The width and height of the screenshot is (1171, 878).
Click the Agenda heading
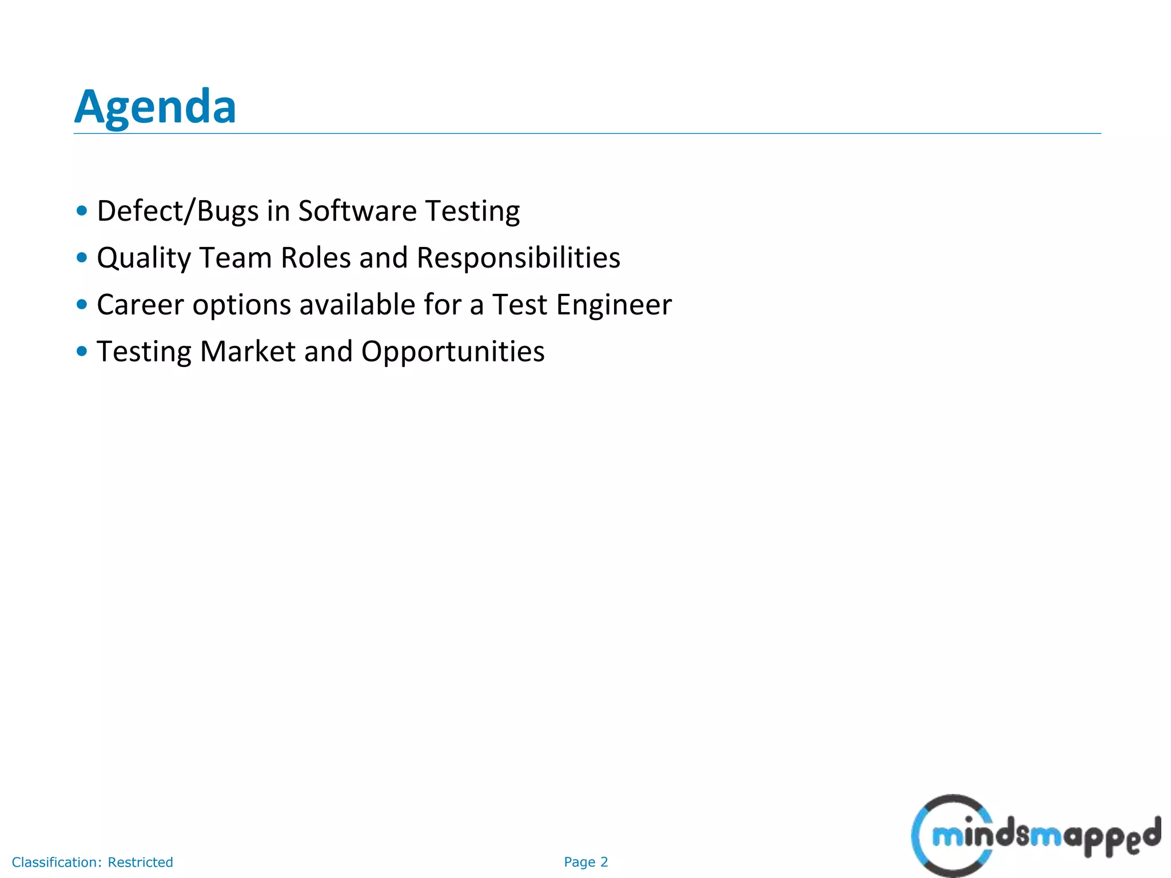click(155, 107)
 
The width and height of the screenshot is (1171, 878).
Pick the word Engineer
click(614, 305)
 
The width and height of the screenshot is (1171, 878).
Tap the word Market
click(248, 352)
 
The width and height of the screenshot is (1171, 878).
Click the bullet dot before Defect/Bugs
click(82, 211)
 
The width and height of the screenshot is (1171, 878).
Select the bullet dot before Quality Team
click(82, 258)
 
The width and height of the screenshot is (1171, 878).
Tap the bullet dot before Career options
click(82, 305)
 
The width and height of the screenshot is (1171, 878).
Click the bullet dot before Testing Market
click(82, 351)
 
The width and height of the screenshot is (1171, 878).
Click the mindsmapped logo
click(1035, 836)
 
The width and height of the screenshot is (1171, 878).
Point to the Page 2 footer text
click(585, 862)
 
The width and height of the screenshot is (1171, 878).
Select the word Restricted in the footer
click(140, 862)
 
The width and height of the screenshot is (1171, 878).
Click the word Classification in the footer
click(57, 862)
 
